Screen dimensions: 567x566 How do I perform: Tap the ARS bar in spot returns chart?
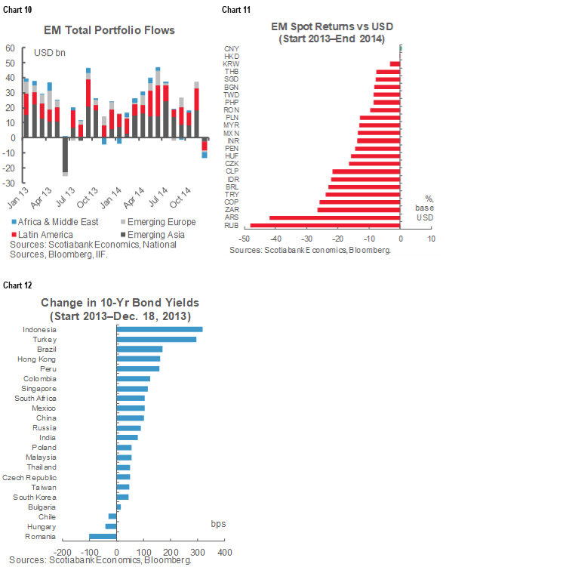335,217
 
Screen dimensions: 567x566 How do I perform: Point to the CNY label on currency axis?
232,48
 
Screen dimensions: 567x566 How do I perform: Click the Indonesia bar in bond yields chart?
159,329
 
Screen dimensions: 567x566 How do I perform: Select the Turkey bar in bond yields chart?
156,339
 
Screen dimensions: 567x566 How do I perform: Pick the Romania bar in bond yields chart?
103,536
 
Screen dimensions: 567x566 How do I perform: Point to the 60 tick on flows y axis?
11,48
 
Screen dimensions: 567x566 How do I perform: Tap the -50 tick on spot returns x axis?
244,239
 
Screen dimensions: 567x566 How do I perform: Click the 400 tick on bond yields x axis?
225,553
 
